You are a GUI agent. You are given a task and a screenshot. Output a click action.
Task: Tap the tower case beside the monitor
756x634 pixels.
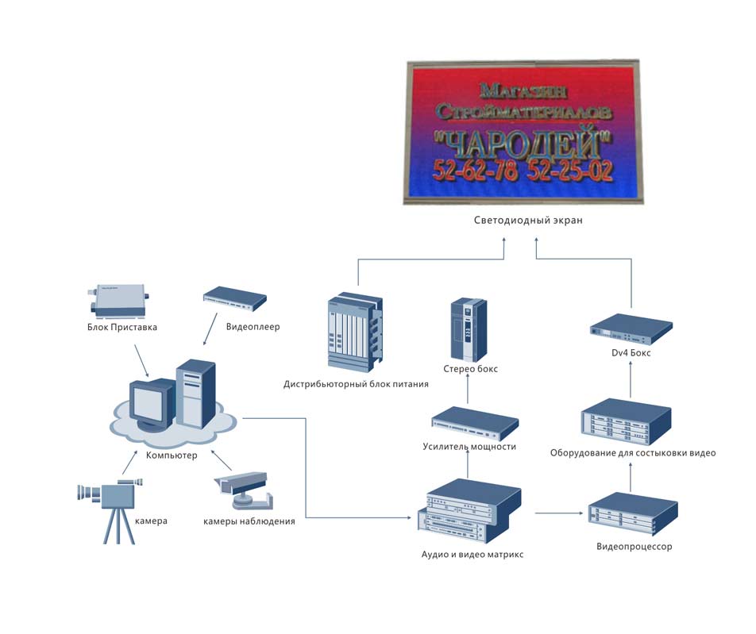point(195,394)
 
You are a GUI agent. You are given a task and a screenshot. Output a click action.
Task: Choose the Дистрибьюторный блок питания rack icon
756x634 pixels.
point(355,334)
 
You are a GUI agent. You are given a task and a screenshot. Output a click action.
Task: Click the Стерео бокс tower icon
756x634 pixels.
point(466,329)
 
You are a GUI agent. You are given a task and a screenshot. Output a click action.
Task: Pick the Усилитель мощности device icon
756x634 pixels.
point(474,423)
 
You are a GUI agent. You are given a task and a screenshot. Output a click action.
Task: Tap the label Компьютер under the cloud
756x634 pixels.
point(171,455)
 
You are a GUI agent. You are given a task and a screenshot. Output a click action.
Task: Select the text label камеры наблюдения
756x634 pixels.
point(249,521)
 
